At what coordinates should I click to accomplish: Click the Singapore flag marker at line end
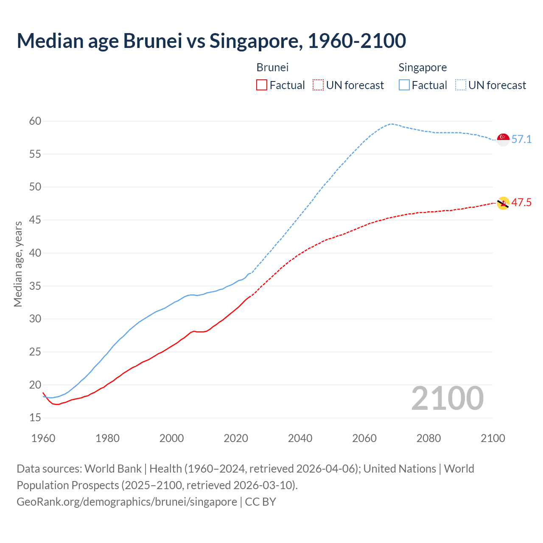503,139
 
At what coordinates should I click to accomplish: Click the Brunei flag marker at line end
503,203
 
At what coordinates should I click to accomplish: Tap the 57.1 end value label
521,139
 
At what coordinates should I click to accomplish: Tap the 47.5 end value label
521,202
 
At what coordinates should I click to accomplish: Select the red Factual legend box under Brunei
262,85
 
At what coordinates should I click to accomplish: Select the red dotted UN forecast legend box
318,85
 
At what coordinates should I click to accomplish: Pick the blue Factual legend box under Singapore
404,85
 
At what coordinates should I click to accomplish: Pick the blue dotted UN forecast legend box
460,85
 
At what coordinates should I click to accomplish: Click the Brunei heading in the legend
272,67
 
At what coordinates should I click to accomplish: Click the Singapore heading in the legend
423,67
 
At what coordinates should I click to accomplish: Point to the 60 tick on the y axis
35,121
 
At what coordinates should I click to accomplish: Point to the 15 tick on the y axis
35,418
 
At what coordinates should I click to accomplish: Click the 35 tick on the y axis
35,286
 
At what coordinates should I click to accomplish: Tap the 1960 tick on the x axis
43,438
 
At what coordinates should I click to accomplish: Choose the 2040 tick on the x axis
300,438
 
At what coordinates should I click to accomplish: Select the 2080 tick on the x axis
428,438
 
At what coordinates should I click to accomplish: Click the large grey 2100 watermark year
447,398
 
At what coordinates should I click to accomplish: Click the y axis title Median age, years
18,264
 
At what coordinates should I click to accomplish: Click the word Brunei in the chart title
152,41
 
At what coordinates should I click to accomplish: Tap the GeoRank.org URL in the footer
126,501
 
